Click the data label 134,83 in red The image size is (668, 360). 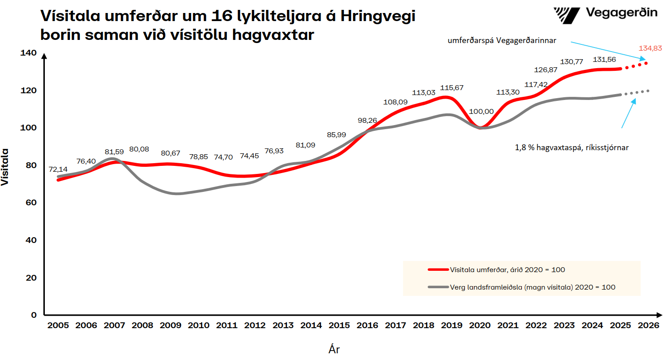(x=650, y=48)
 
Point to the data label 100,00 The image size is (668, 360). (x=481, y=112)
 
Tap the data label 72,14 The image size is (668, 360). (x=58, y=170)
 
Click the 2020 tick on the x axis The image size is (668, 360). (x=480, y=326)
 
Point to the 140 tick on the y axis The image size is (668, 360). (x=28, y=53)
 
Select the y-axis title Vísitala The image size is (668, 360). (x=5, y=167)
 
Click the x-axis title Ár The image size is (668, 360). (x=334, y=349)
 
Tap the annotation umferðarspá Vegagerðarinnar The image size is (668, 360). (x=502, y=40)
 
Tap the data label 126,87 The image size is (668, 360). (x=546, y=70)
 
